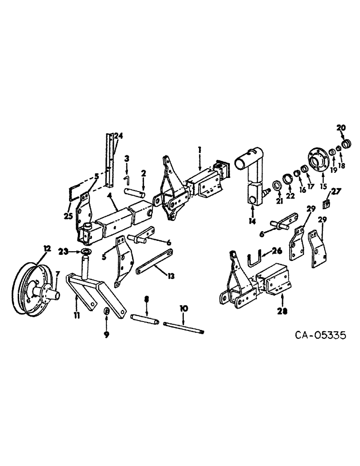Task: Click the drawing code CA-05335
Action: pyautogui.click(x=319, y=336)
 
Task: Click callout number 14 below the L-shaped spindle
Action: pyautogui.click(x=252, y=221)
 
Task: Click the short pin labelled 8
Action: pyautogui.click(x=145, y=320)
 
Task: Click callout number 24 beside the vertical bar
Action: pyautogui.click(x=118, y=137)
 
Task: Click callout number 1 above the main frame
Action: pyautogui.click(x=199, y=150)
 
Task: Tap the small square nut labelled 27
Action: pyautogui.click(x=327, y=203)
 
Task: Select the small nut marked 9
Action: pyautogui.click(x=106, y=312)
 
